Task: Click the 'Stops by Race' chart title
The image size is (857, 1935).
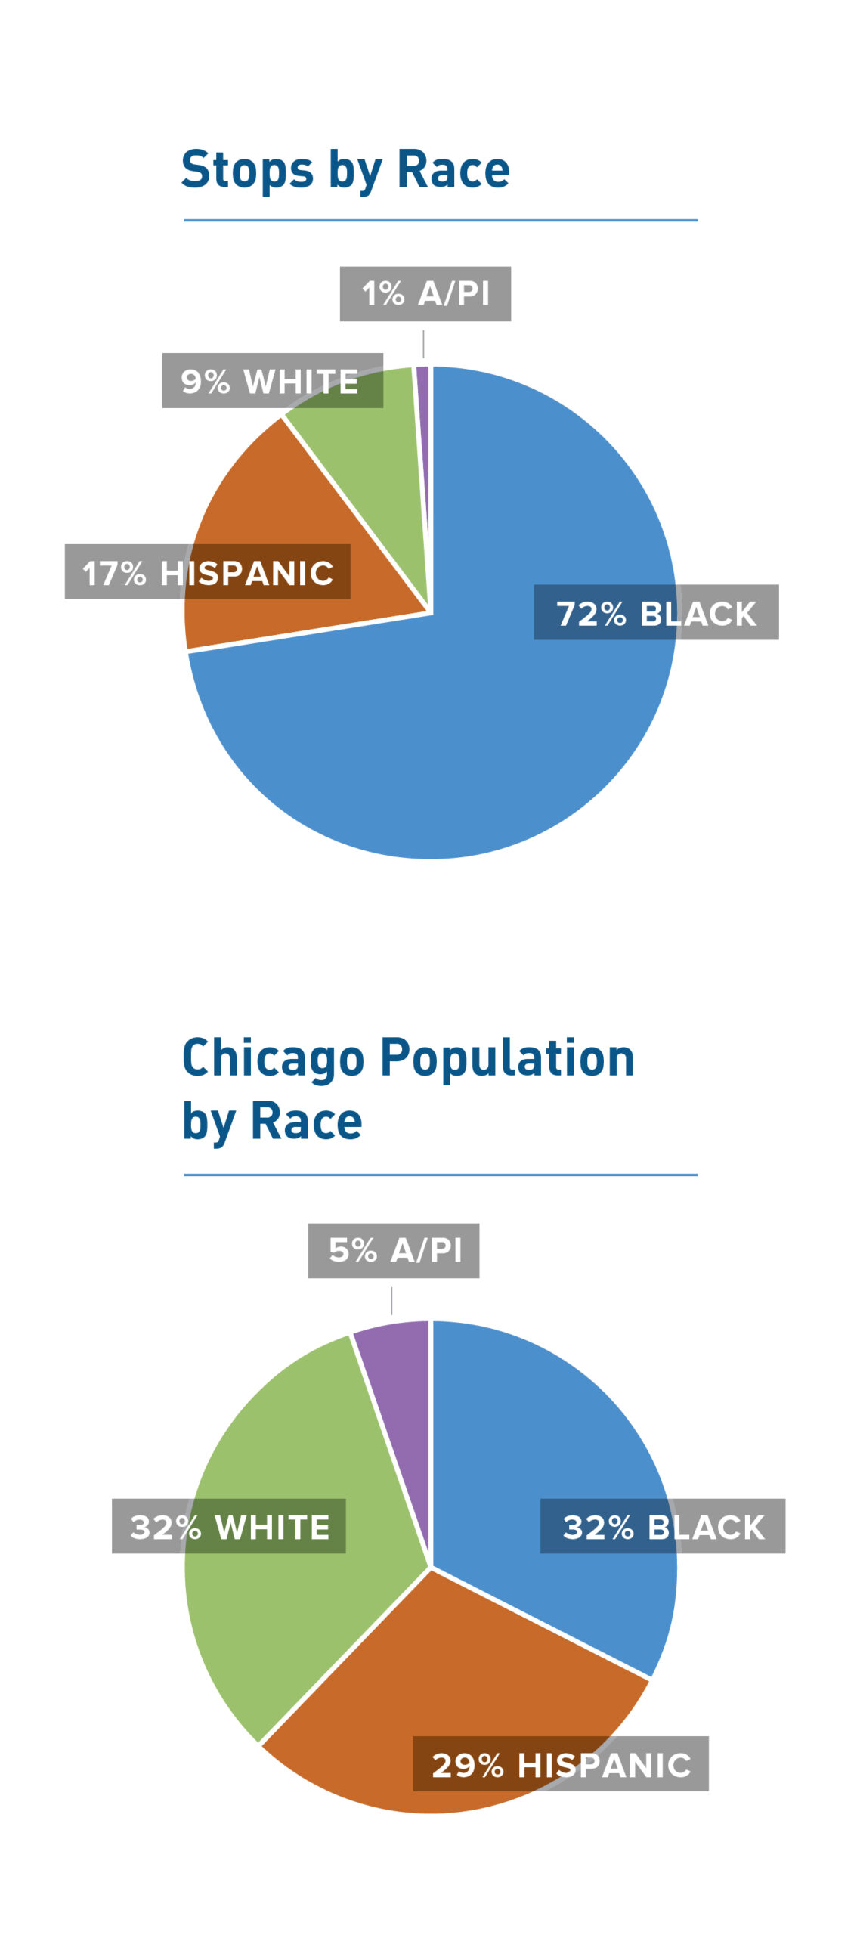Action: coord(345,169)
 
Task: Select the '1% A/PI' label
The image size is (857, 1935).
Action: coord(425,293)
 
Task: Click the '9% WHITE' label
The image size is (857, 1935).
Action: coord(272,380)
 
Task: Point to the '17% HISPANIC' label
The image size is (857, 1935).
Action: coord(207,571)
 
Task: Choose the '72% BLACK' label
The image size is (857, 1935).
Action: coord(655,612)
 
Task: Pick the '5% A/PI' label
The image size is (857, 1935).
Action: coord(393,1250)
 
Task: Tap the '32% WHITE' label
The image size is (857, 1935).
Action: coord(228,1526)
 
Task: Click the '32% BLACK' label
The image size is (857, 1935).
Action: coord(662,1526)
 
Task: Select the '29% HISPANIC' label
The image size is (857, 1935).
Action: coord(560,1763)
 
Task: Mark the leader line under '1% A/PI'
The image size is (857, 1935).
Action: coord(423,344)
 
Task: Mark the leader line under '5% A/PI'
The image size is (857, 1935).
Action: coord(391,1301)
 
